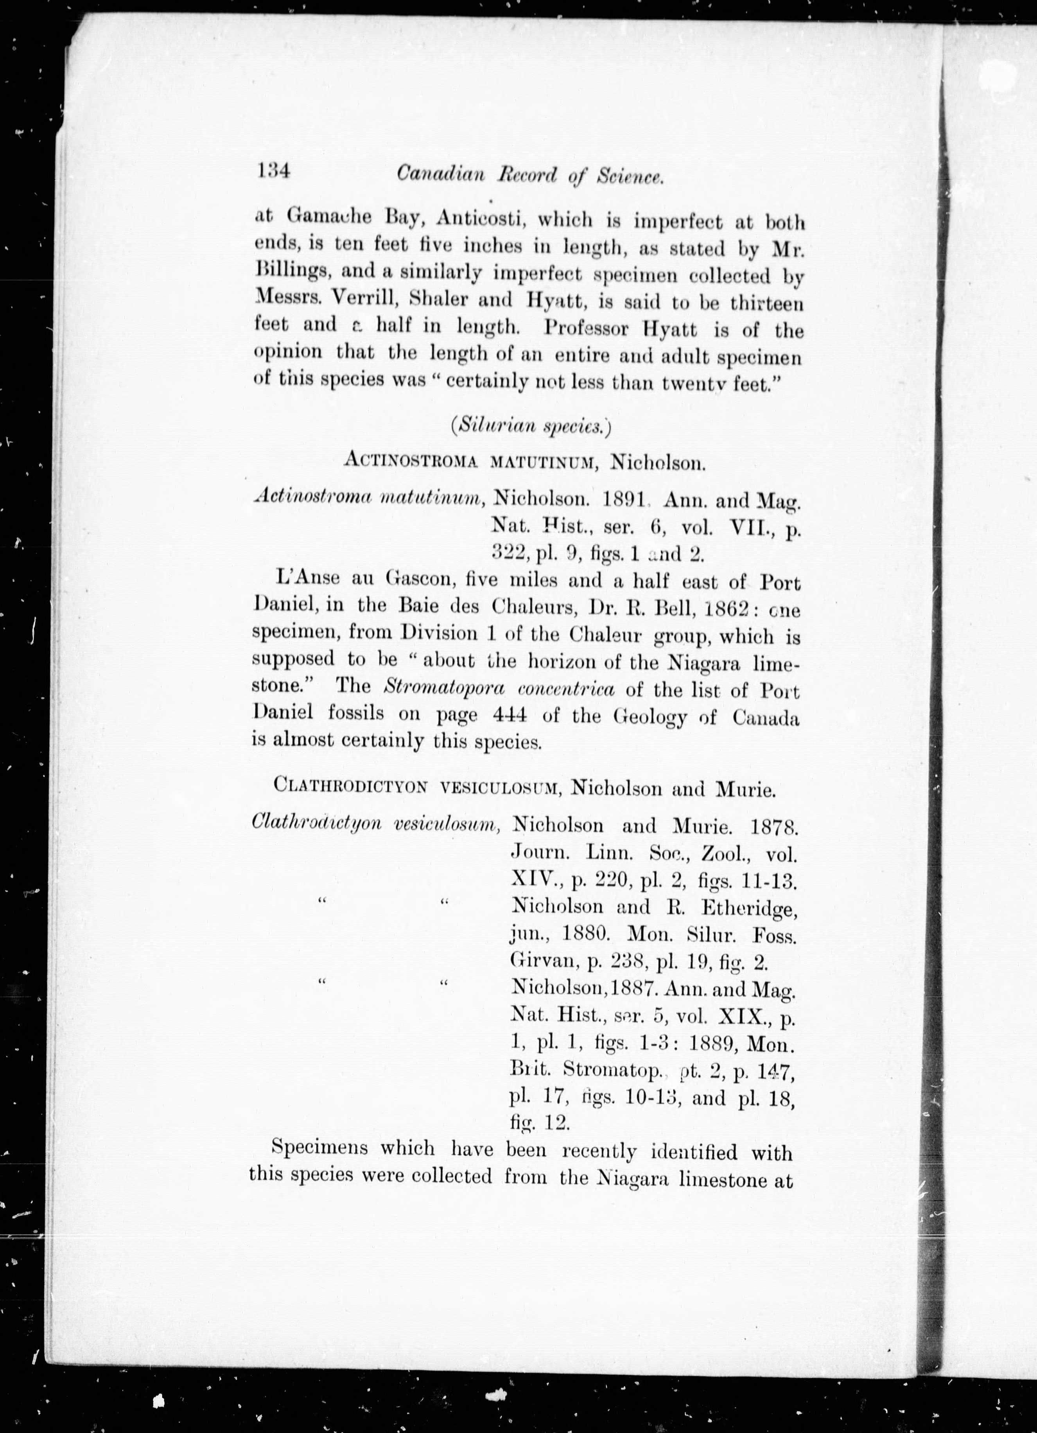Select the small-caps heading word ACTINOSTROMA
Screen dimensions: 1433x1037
click(x=413, y=461)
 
